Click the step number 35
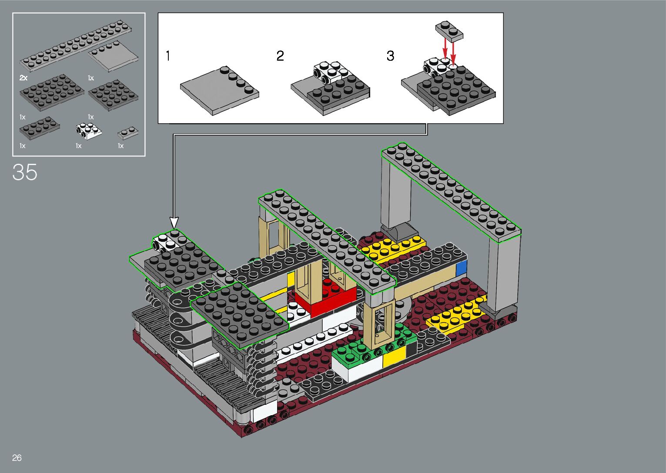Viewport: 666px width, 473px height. click(x=25, y=172)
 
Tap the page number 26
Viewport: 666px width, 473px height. click(x=17, y=457)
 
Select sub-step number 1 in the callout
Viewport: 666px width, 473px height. click(x=168, y=56)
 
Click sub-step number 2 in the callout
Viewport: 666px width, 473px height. click(x=280, y=56)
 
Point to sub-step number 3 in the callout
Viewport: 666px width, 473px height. click(x=390, y=56)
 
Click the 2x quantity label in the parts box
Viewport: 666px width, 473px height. click(x=23, y=78)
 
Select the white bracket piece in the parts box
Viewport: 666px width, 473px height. click(x=89, y=132)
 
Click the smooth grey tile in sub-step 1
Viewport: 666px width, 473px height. click(x=219, y=91)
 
